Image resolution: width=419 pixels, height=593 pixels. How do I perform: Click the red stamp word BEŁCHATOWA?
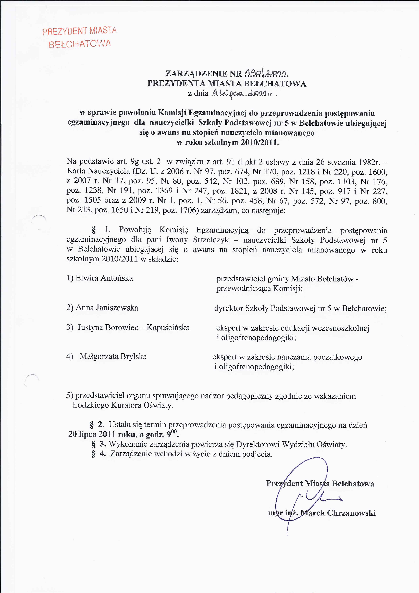[x=80, y=44]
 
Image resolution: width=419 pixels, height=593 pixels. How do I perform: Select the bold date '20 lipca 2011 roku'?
[x=103, y=434]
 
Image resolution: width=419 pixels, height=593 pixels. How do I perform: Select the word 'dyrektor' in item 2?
[x=228, y=308]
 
